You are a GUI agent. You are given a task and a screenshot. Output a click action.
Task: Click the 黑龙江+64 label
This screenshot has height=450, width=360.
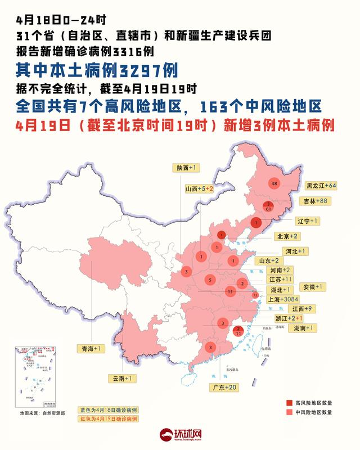pos(321,185)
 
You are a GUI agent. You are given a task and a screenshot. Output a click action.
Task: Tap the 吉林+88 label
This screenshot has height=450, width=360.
pos(317,201)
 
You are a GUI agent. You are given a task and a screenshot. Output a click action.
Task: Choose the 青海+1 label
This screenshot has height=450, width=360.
pos(91,349)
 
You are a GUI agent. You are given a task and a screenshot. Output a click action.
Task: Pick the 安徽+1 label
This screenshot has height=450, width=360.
pos(312,287)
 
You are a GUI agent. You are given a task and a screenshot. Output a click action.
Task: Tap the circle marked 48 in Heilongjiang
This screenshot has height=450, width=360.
pos(274,184)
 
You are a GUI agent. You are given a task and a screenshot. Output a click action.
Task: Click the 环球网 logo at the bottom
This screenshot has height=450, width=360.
pos(180,435)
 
